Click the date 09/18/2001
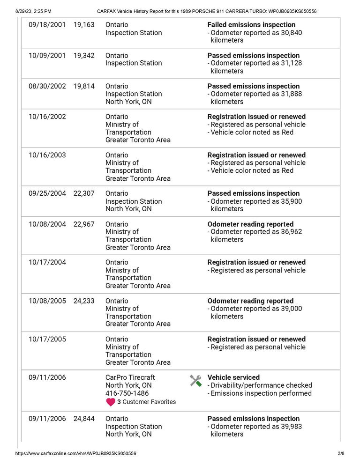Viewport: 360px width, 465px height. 47,25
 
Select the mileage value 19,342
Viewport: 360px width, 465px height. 84,55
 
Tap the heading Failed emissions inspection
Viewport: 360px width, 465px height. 251,25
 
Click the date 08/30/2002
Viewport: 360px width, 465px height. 47,86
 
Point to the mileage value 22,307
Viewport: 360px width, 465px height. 84,193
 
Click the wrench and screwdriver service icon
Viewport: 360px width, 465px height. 196,381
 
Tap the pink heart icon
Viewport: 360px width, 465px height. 111,402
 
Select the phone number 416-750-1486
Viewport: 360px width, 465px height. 127,393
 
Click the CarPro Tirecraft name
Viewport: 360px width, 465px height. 130,377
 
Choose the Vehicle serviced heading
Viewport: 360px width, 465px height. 233,377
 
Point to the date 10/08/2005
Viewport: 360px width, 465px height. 47,301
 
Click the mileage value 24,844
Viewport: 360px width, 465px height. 84,419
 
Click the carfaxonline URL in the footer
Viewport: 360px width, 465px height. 76,453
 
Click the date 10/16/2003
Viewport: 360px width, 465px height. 47,155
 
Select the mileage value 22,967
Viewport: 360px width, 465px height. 84,224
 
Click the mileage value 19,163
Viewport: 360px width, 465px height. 84,25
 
